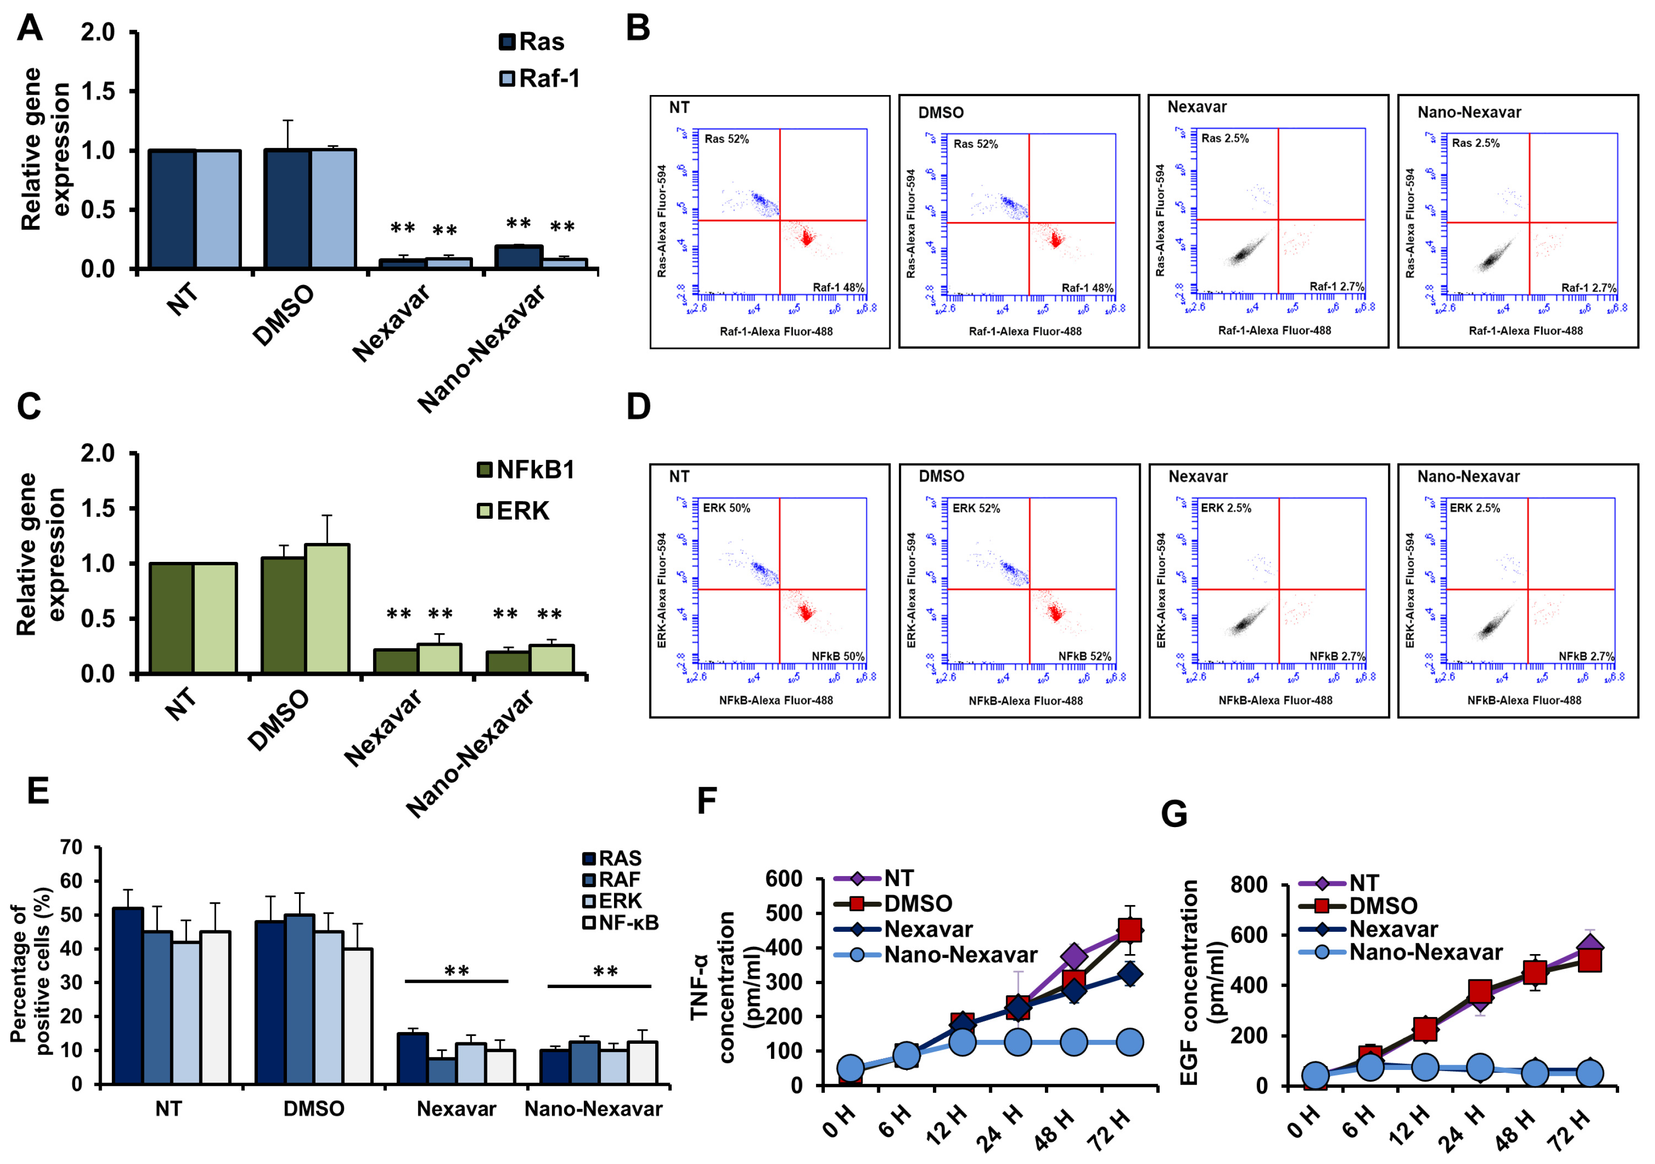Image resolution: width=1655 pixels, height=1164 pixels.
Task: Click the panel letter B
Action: [x=637, y=29]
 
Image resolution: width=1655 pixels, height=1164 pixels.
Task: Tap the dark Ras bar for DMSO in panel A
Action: [x=287, y=209]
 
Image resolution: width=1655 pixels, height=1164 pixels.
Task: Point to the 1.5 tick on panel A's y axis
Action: [x=98, y=92]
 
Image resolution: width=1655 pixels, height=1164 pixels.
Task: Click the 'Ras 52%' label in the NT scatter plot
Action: [x=726, y=139]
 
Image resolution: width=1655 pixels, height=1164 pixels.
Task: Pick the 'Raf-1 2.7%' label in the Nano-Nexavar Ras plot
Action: [x=1588, y=288]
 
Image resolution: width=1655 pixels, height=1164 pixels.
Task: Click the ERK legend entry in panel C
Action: [x=513, y=510]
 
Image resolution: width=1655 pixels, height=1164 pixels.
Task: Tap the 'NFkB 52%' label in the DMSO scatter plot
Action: [x=1084, y=656]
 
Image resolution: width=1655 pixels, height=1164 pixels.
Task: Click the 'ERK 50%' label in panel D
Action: [x=726, y=508]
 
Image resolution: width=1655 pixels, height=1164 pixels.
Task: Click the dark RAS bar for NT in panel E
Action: [x=127, y=995]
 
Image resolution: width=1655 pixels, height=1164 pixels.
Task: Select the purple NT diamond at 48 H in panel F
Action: [x=1074, y=957]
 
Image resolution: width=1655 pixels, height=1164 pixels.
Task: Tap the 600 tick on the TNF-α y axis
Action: [x=784, y=878]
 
